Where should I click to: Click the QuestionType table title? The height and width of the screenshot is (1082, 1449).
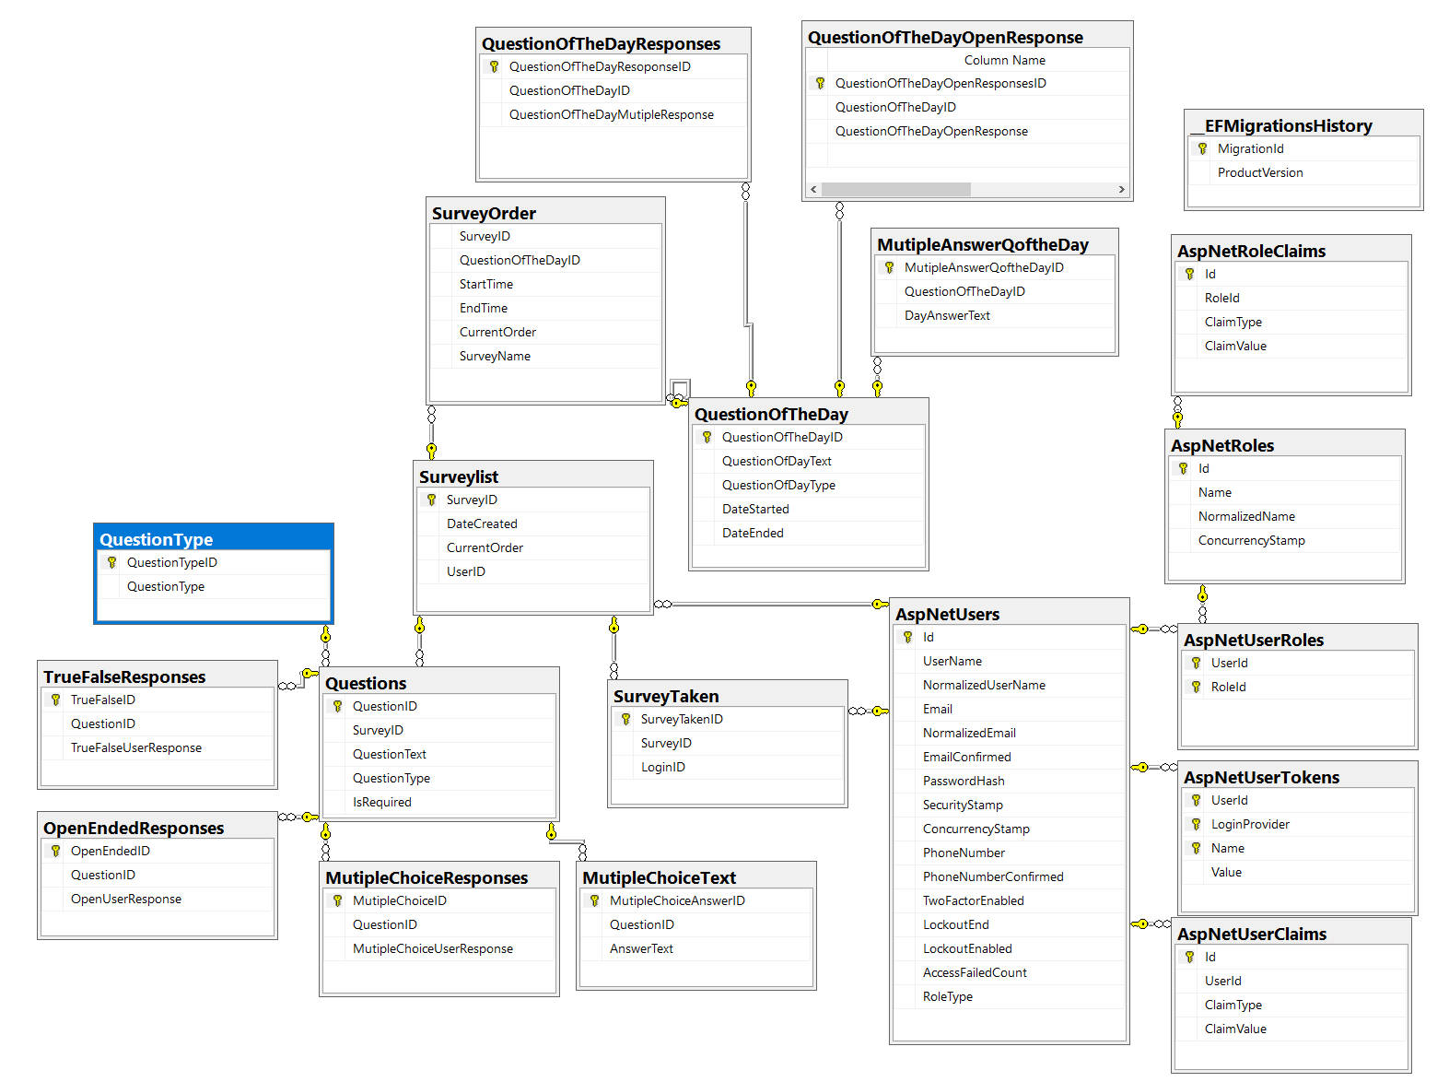pos(157,539)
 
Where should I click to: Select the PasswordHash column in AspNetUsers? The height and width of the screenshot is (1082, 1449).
pos(964,781)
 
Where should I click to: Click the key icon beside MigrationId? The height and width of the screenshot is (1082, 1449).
pos(1202,148)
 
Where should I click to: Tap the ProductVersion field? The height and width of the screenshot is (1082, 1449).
pos(1260,172)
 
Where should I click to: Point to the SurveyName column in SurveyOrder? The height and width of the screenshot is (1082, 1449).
pos(495,356)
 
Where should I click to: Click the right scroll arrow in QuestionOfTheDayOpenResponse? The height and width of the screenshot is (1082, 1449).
pos(1121,189)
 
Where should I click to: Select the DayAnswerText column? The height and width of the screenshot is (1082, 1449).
pos(947,315)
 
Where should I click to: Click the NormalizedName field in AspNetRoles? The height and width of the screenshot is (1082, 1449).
pos(1246,516)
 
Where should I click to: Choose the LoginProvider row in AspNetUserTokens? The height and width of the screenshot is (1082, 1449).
pos(1250,824)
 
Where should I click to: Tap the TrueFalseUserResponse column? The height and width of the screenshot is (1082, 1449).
pos(136,747)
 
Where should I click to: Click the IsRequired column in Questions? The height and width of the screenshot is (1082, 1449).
pos(382,802)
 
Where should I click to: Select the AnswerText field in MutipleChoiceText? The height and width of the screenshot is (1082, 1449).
pos(641,948)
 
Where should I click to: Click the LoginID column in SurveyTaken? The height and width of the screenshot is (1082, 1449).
pos(663,767)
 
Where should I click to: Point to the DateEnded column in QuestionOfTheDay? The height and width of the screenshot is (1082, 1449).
pos(753,533)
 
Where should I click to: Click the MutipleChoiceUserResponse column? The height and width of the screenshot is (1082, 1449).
pos(433,948)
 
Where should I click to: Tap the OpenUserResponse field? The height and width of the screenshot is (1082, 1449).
pos(126,899)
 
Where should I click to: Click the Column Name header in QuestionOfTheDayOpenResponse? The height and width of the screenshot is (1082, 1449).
pos(1005,60)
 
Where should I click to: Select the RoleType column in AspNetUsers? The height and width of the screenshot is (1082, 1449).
pos(948,996)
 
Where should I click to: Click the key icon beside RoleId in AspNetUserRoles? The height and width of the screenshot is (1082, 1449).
pos(1196,687)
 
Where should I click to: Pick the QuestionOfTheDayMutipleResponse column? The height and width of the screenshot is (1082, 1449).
pos(612,114)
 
